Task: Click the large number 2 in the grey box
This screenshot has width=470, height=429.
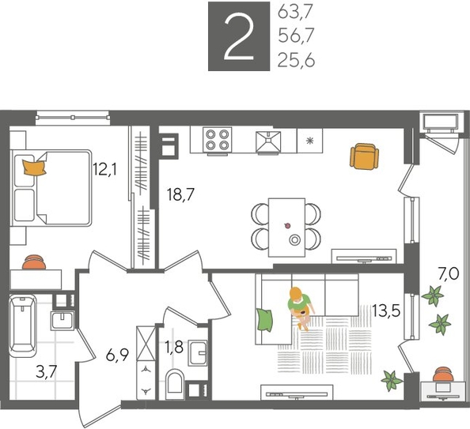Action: pyautogui.click(x=235, y=36)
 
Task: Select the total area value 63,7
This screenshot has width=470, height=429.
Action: pyautogui.click(x=297, y=13)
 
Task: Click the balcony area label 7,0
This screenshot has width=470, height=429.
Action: pyautogui.click(x=447, y=275)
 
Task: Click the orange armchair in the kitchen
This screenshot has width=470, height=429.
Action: pyautogui.click(x=362, y=156)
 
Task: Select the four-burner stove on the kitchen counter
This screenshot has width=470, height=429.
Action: pyautogui.click(x=218, y=141)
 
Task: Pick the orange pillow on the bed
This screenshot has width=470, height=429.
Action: pyautogui.click(x=34, y=166)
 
